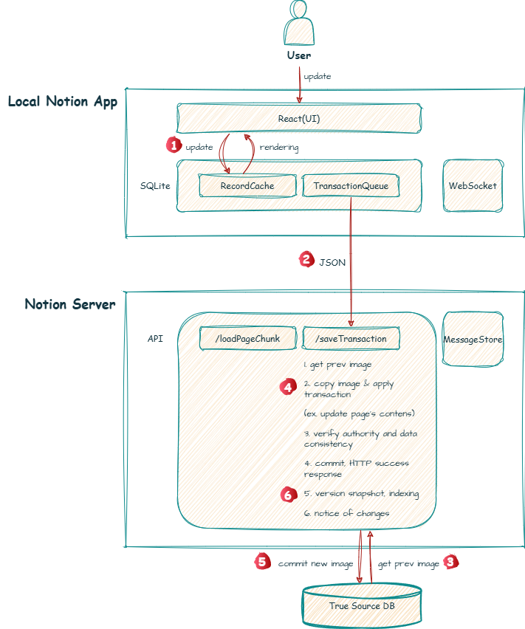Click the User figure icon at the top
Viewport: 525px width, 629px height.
point(298,24)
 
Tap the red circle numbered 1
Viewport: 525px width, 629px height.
point(173,145)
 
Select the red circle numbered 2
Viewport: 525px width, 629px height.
point(306,259)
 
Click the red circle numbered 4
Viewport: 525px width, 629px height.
point(288,386)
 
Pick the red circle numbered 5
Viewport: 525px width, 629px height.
point(261,562)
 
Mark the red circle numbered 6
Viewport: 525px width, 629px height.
point(288,494)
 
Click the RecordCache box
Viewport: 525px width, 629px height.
point(247,186)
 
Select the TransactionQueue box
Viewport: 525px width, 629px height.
point(351,186)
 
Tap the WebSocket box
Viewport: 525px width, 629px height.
point(473,185)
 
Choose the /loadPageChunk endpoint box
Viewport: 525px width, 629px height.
point(247,338)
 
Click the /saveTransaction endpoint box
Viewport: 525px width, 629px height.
point(351,338)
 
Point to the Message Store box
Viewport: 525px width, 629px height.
point(473,339)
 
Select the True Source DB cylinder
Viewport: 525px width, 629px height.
point(362,605)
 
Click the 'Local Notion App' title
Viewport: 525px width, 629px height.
point(63,102)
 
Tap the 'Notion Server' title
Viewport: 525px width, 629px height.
point(70,304)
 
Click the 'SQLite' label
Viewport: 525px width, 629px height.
point(155,185)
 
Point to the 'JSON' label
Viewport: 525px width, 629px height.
point(332,261)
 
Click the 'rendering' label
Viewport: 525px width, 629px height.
point(279,147)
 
